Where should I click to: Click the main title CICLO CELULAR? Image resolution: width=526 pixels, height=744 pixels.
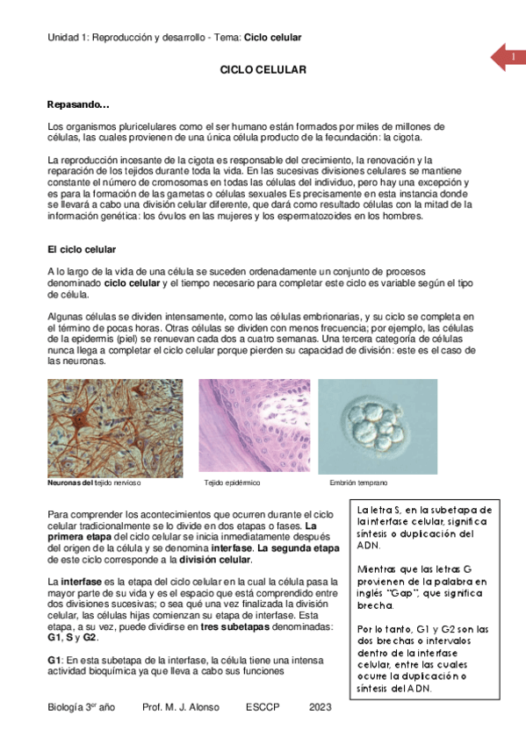[x=263, y=69]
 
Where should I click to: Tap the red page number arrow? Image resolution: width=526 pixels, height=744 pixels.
[x=507, y=58]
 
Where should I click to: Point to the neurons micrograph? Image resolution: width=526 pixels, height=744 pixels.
[x=115, y=427]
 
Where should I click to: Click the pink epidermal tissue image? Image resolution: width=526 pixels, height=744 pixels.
[x=253, y=427]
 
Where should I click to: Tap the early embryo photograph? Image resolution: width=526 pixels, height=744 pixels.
[x=377, y=427]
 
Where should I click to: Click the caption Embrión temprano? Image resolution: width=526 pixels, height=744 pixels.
[x=358, y=483]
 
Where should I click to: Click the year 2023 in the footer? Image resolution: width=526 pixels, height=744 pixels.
[x=321, y=707]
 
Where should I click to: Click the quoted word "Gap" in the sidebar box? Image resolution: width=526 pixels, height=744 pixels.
[x=400, y=594]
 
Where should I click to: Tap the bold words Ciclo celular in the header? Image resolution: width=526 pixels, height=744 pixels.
[x=272, y=38]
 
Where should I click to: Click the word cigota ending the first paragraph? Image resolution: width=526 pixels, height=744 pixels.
[x=406, y=138]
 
